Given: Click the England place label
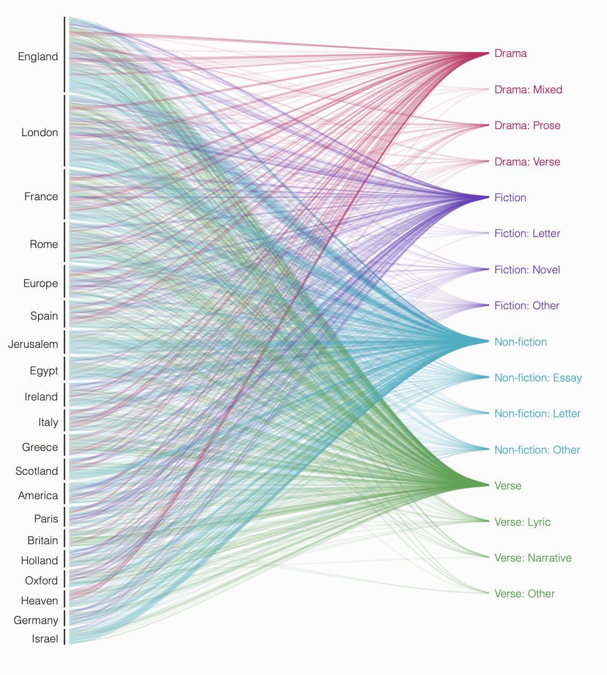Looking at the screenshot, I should pyautogui.click(x=37, y=56).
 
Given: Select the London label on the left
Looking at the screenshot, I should pyautogui.click(x=39, y=132).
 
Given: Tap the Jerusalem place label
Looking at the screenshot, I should pyautogui.click(x=33, y=344).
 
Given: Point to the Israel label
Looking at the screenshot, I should pyautogui.click(x=45, y=639).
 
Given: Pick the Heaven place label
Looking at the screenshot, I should pyautogui.click(x=39, y=601).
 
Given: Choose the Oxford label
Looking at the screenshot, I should pyautogui.click(x=41, y=581).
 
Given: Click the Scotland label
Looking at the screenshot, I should pyautogui.click(x=36, y=471).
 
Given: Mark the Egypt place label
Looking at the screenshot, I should pyautogui.click(x=44, y=371).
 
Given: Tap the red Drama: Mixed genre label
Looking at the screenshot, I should pyautogui.click(x=528, y=90).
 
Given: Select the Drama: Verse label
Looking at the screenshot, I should pyautogui.click(x=527, y=162).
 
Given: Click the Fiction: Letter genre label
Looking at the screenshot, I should pyautogui.click(x=527, y=233).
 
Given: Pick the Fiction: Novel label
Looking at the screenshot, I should pyautogui.click(x=527, y=270).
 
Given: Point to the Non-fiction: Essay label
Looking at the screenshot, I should pyautogui.click(x=538, y=378).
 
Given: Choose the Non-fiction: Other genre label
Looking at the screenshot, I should pyautogui.click(x=536, y=450).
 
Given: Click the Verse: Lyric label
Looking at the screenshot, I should pyautogui.click(x=522, y=522).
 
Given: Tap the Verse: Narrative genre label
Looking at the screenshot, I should pyautogui.click(x=533, y=558).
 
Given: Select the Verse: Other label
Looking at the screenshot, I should pyautogui.click(x=524, y=594).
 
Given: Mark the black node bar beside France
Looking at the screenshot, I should pyautogui.click(x=65, y=194).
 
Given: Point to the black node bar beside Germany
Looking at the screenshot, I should pyautogui.click(x=65, y=618).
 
